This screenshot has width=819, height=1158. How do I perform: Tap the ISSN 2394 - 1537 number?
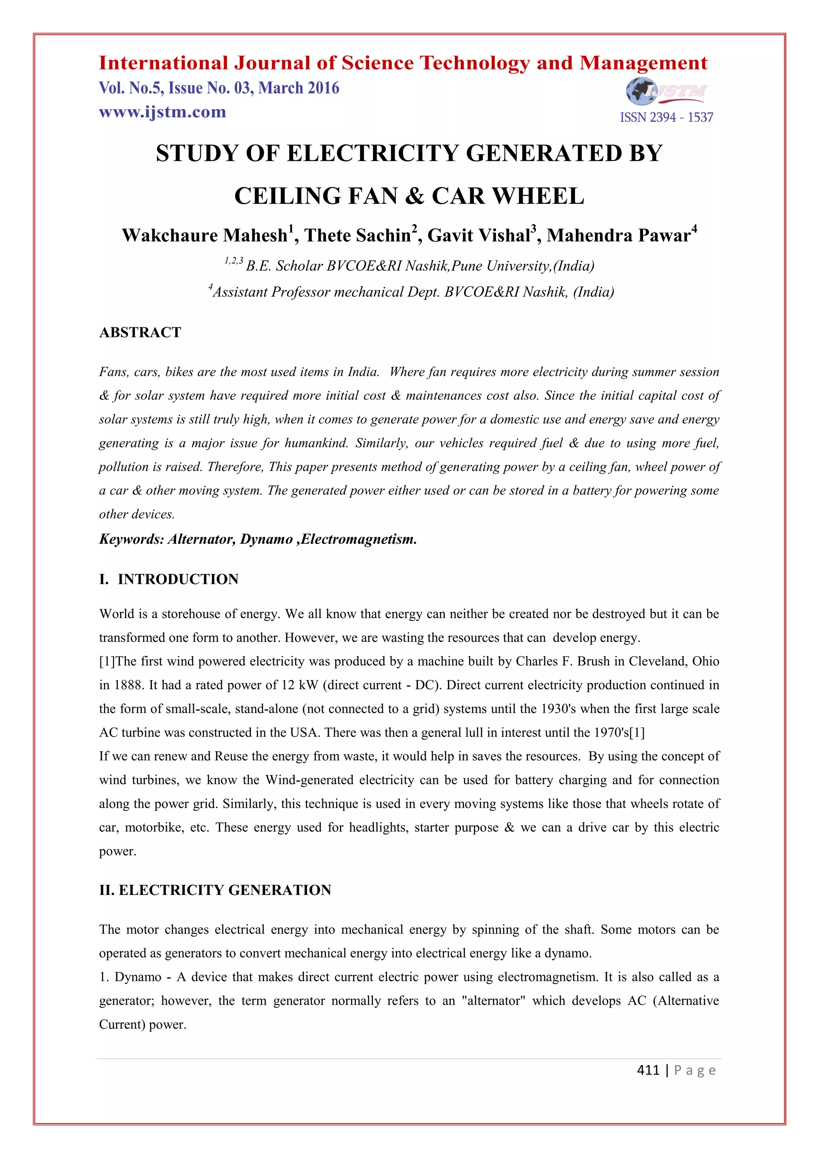click(x=666, y=118)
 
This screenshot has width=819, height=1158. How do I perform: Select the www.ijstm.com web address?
click(x=162, y=112)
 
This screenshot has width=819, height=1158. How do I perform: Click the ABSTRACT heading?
click(x=140, y=332)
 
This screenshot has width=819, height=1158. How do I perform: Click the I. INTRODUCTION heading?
click(x=169, y=579)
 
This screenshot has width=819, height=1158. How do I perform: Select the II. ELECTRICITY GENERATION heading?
click(x=215, y=890)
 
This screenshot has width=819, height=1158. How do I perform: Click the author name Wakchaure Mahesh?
click(x=204, y=236)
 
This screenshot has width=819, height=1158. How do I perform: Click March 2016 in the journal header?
click(x=299, y=88)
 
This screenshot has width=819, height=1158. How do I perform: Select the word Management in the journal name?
click(x=643, y=63)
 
